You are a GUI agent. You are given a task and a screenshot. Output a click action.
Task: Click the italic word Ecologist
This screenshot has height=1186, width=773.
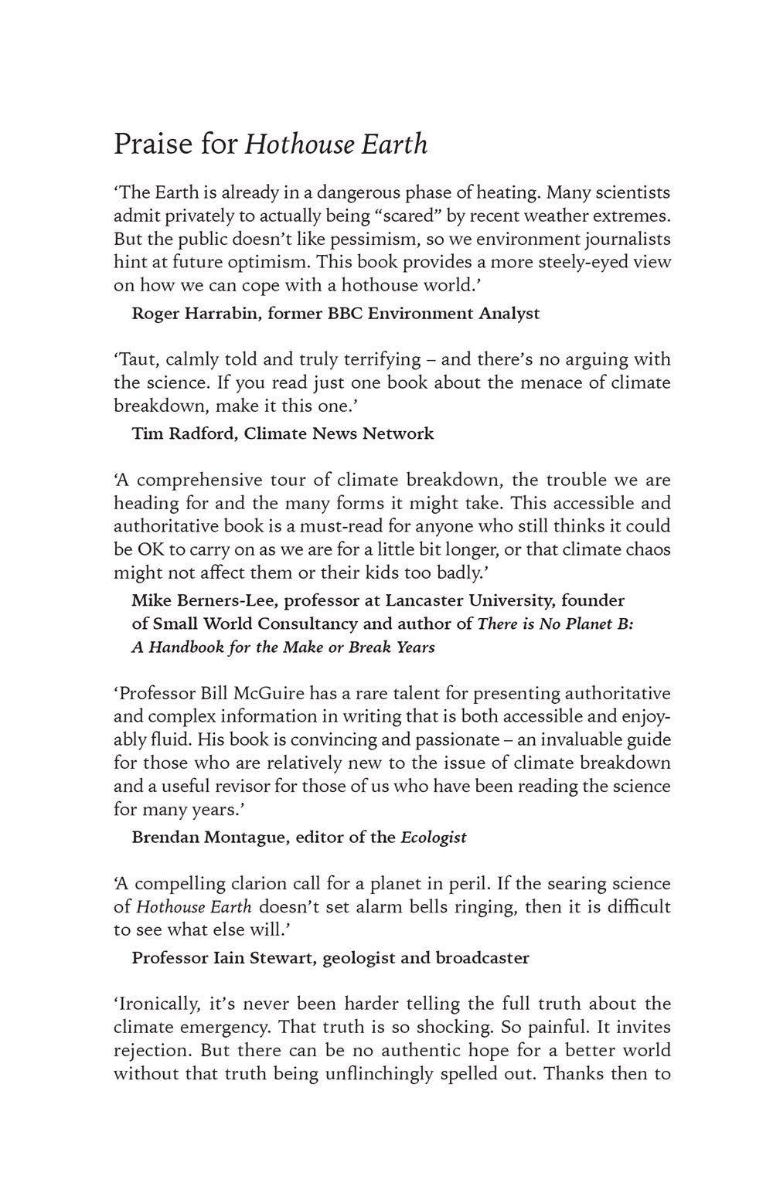coord(433,837)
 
